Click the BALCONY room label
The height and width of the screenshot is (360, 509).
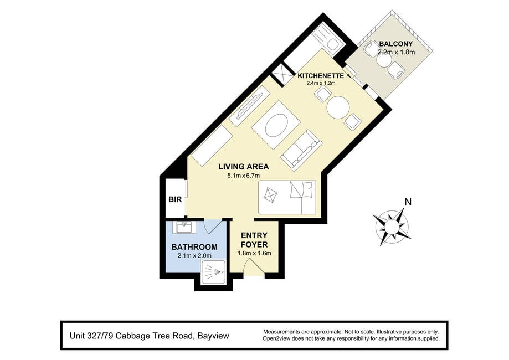coord(395,44)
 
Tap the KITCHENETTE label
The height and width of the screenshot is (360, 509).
coord(321,76)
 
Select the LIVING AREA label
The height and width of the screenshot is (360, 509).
coord(244,167)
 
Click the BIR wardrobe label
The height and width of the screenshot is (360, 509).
coord(175,199)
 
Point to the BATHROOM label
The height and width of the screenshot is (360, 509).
coord(194,247)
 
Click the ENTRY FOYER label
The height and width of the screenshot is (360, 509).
coord(254,240)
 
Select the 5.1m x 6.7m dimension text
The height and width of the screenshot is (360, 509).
coord(244,176)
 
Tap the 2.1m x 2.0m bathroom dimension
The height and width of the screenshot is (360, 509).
coord(194,256)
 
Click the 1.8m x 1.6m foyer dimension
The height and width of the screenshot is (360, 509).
coord(255,253)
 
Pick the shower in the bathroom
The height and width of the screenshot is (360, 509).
coord(214,271)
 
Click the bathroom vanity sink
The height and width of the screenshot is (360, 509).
coord(184,227)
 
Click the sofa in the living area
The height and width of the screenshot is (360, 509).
coord(301,150)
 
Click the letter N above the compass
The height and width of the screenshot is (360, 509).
coord(408,202)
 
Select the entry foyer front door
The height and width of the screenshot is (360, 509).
coord(255,268)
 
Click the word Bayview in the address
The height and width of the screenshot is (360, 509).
coord(214,336)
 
